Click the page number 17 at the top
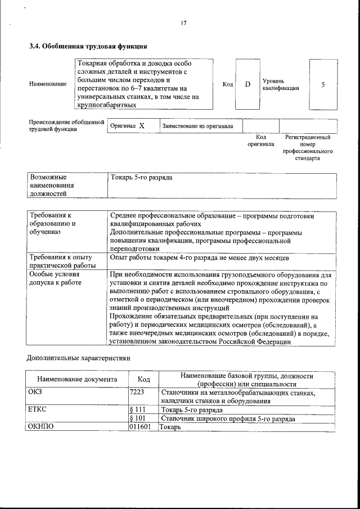tap(183, 23)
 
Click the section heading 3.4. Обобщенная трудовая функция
tap(88, 46)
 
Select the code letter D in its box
tap(247, 84)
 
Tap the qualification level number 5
tap(323, 84)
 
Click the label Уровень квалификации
tap(280, 84)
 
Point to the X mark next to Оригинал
tap(142, 126)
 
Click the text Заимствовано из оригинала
tap(197, 126)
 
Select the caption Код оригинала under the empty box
tap(260, 141)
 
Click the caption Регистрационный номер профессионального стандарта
tap(307, 147)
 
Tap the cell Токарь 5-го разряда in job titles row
tap(142, 178)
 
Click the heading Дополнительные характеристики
tap(79, 358)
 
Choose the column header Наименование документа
tap(77, 380)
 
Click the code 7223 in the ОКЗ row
tap(138, 393)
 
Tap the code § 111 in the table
tap(138, 410)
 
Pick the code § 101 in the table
tap(138, 418)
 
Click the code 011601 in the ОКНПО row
tap(139, 427)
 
